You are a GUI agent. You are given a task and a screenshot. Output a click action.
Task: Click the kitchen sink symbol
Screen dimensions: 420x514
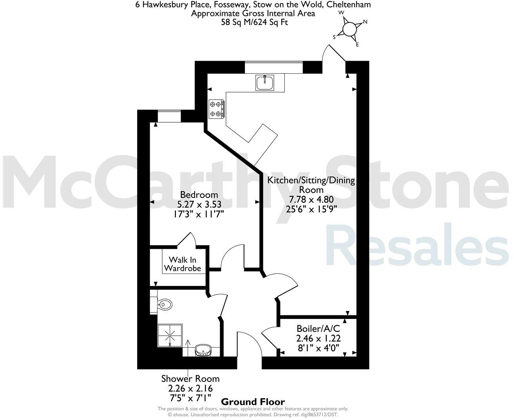click(x=265, y=83)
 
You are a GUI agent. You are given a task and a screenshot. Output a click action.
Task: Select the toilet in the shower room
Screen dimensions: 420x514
click(x=164, y=304)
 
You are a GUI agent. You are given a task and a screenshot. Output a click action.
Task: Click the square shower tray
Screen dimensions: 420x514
click(x=170, y=336)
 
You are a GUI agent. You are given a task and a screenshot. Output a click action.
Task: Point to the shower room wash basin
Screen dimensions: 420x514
click(x=203, y=349)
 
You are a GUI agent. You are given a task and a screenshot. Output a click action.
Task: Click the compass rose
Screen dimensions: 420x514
click(x=349, y=29)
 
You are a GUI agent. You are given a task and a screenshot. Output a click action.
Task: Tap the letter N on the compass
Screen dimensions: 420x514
click(x=365, y=22)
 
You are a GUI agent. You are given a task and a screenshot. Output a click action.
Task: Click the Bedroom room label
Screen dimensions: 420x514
click(x=199, y=195)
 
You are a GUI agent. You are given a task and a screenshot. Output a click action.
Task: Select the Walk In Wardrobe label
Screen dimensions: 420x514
click(x=182, y=264)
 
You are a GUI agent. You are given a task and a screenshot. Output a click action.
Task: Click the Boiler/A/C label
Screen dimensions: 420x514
click(x=318, y=329)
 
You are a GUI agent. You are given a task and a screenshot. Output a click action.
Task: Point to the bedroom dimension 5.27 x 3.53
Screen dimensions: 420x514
click(x=199, y=204)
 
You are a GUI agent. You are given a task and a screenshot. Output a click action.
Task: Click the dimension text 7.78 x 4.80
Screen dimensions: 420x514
click(x=311, y=199)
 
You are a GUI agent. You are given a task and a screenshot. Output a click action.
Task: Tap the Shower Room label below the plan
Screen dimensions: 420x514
click(x=190, y=379)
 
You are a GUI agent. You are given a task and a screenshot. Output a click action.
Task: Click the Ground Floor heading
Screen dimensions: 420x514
click(x=253, y=402)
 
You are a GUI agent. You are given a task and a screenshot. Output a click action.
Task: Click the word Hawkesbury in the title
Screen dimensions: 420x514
click(x=165, y=5)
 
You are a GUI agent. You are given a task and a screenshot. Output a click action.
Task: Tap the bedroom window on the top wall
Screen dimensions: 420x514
click(x=169, y=116)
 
